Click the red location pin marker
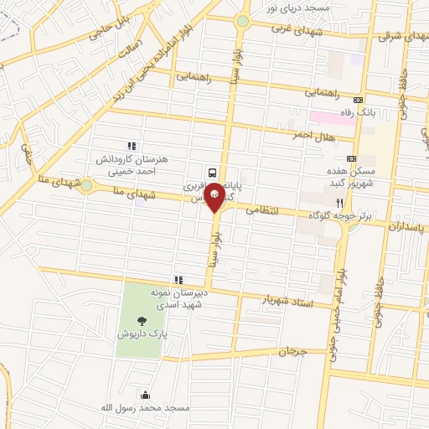[214, 196]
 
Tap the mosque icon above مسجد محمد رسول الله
[147, 395]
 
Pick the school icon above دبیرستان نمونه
[178, 280]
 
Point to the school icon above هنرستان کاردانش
[130, 147]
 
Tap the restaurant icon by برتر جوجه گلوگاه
[339, 203]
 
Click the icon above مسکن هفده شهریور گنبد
[351, 158]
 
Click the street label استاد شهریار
[287, 301]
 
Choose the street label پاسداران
[406, 226]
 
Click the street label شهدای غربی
[292, 28]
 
